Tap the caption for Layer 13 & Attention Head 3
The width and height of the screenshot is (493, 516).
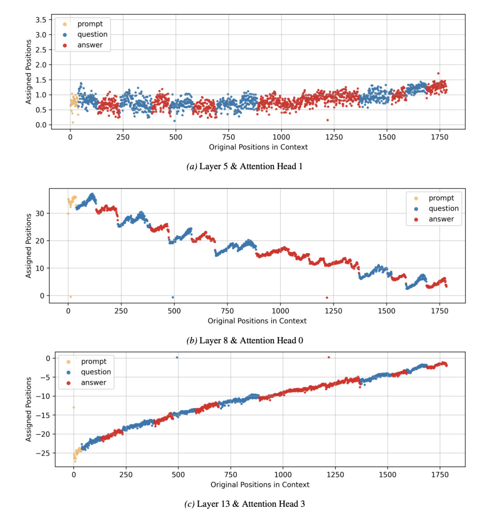click(x=246, y=504)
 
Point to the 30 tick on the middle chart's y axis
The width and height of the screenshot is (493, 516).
click(x=42, y=213)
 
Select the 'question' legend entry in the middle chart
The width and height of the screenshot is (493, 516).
click(x=443, y=209)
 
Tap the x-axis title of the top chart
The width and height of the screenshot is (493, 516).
click(x=258, y=147)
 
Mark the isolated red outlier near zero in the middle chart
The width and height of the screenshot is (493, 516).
click(x=327, y=298)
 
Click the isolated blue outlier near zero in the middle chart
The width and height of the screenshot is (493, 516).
click(x=173, y=297)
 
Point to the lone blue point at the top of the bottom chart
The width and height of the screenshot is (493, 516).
click(x=177, y=357)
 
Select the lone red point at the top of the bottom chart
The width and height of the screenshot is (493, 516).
click(x=329, y=357)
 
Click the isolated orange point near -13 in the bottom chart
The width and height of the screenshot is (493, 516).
click(x=73, y=407)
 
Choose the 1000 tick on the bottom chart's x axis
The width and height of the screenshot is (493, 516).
click(x=283, y=474)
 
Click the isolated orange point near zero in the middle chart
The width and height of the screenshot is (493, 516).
click(x=70, y=297)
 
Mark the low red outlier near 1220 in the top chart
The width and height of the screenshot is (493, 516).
click(x=328, y=120)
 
